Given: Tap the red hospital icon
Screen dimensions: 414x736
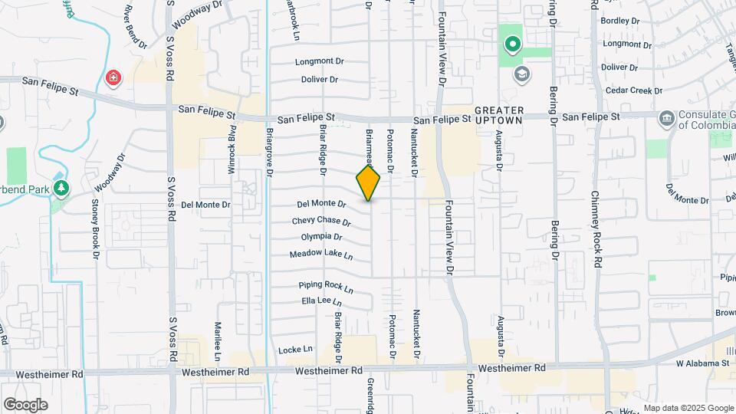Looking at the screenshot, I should pyautogui.click(x=113, y=77).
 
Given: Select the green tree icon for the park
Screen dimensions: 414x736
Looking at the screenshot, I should pyautogui.click(x=61, y=187).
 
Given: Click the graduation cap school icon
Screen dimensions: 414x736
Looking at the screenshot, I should pyautogui.click(x=522, y=74).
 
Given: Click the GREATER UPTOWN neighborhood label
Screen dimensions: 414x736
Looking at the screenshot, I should pyautogui.click(x=498, y=116).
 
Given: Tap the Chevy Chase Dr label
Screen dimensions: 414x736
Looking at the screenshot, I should pyautogui.click(x=321, y=222).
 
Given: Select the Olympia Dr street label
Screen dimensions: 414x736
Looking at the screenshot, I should pyautogui.click(x=321, y=238).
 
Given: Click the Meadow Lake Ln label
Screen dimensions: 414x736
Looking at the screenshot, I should pyautogui.click(x=321, y=254).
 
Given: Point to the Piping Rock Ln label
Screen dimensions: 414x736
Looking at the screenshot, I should pyautogui.click(x=326, y=286).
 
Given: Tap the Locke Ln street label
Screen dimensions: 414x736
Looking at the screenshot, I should pyautogui.click(x=297, y=349).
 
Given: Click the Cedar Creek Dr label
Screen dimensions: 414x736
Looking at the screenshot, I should pyautogui.click(x=632, y=90).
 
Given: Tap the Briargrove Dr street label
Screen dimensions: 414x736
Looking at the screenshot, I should pyautogui.click(x=269, y=152).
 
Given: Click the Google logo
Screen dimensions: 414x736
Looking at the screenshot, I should pyautogui.click(x=25, y=405).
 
